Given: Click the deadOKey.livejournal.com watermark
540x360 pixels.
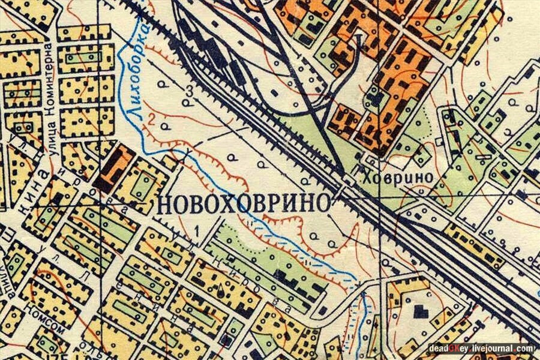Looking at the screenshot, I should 481,348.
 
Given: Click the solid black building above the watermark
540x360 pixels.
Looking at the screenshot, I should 421,312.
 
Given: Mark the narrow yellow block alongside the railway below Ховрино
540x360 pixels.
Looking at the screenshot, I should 474,246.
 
